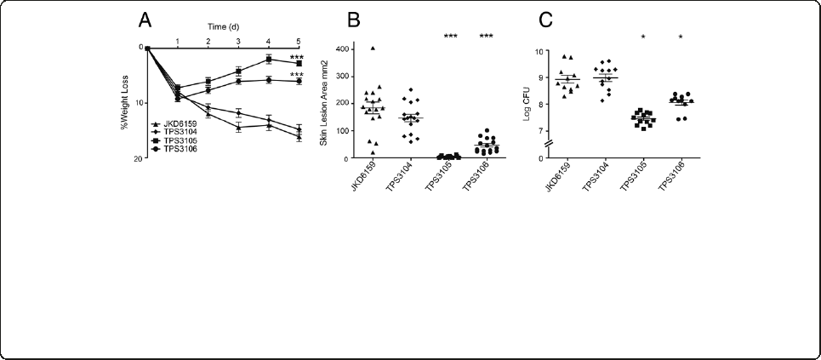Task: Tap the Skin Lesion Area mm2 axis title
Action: (x=323, y=105)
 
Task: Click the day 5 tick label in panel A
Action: (x=299, y=40)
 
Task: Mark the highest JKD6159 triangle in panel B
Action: (x=373, y=49)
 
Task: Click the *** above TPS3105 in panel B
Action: (x=451, y=36)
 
